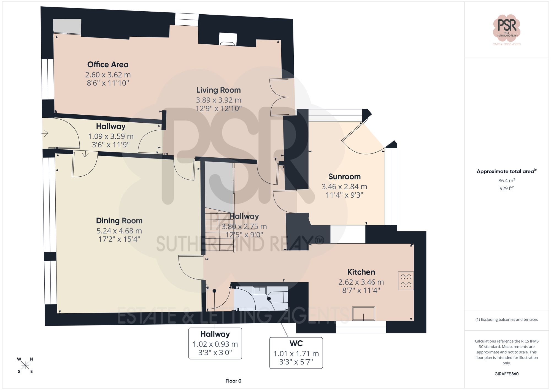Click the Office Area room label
pos(108,64)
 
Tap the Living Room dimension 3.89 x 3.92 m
pos(218,100)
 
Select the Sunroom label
pos(344,176)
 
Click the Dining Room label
pos(119,220)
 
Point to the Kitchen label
pos(361,272)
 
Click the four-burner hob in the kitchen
pos(406,281)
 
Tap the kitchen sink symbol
pos(363,314)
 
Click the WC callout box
pos(296,353)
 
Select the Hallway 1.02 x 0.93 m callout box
pos(215,343)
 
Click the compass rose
pos(25,365)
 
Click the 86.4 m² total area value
pos(506,181)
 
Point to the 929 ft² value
pos(506,188)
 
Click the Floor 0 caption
pos(233,381)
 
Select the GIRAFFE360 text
pos(506,374)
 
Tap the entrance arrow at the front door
pos(45,134)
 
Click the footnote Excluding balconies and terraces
pos(506,319)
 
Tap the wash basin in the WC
pos(260,291)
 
